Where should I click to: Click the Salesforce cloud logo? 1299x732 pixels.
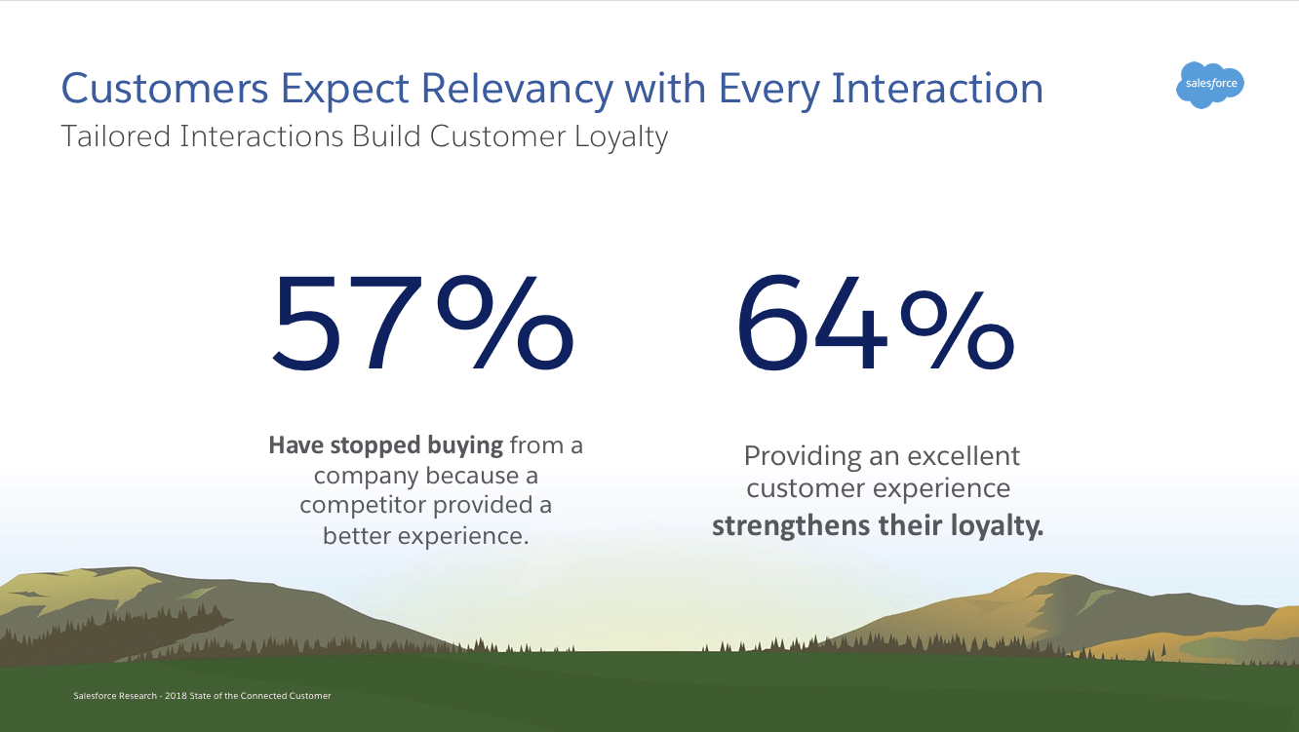click(1210, 85)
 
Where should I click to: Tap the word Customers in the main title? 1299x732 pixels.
click(164, 89)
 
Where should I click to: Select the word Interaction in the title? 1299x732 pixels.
click(937, 89)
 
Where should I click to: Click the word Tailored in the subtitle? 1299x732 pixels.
click(115, 136)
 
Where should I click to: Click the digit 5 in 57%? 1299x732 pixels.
click(315, 326)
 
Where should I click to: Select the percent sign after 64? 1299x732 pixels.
click(955, 326)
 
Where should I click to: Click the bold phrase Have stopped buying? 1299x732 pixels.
click(386, 445)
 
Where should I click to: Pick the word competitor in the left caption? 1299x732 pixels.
click(362, 505)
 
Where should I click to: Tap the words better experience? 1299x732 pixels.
click(425, 535)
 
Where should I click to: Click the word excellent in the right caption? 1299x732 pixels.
click(964, 455)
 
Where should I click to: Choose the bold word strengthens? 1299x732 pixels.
click(791, 525)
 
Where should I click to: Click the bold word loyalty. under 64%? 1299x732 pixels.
click(997, 525)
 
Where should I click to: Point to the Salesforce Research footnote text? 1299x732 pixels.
click(202, 696)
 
